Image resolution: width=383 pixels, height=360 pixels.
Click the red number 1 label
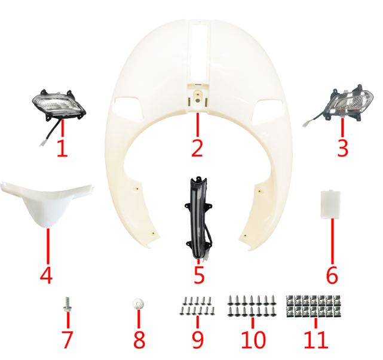[x=62, y=147]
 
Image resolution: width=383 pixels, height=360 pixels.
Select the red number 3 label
[x=342, y=147]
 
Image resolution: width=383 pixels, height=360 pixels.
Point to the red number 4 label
[x=47, y=276]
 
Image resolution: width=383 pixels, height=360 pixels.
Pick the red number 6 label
[x=332, y=276]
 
